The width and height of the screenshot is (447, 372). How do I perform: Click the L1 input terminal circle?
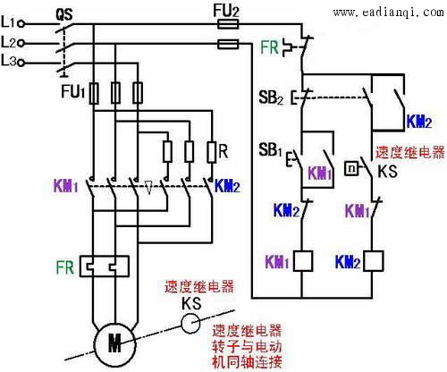click(x=21, y=24)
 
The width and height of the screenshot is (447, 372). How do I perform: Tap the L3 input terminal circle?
click(x=21, y=63)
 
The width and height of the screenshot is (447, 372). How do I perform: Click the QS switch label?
click(x=64, y=14)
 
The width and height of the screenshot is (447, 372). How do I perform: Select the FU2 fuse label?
click(x=226, y=11)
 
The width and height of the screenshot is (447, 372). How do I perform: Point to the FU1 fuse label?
click(x=73, y=91)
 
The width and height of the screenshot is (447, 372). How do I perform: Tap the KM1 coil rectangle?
click(x=303, y=261)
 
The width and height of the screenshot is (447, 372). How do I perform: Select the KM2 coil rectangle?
click(x=373, y=261)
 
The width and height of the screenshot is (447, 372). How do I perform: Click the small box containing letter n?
click(x=351, y=168)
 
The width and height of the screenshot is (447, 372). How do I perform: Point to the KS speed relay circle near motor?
click(x=190, y=324)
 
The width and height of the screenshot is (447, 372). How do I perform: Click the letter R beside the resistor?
click(x=223, y=151)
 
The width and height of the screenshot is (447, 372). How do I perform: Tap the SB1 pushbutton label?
click(x=270, y=149)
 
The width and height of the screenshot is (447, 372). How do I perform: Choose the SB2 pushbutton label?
click(x=271, y=97)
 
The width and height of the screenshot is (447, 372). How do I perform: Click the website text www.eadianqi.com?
click(x=389, y=13)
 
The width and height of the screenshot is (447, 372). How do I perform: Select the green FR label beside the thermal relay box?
click(x=64, y=267)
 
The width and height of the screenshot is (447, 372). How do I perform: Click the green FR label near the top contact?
click(x=269, y=47)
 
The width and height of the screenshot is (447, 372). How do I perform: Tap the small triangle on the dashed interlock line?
click(x=148, y=187)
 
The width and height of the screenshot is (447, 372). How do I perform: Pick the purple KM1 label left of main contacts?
click(x=66, y=186)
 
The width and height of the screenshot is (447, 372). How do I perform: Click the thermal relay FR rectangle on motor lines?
click(x=105, y=266)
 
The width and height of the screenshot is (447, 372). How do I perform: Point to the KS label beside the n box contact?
click(x=387, y=171)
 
